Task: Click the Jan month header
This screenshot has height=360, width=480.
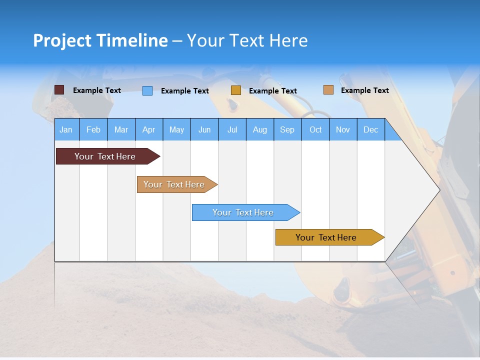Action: tap(66, 130)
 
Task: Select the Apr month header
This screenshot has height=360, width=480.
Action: tap(149, 130)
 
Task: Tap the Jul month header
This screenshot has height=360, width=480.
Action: tap(232, 130)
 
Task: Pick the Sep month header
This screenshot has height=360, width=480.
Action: tap(287, 130)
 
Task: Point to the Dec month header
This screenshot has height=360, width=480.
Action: tap(370, 130)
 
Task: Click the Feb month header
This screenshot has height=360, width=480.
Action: tap(93, 130)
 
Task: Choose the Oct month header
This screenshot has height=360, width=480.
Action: tap(315, 130)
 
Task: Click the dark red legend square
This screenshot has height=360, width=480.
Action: tap(59, 90)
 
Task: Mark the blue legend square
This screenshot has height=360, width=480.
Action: tap(147, 90)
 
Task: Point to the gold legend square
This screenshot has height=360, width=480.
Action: tap(236, 90)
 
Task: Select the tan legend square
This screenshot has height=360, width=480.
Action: tap(328, 90)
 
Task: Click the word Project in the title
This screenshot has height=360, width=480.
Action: tap(62, 40)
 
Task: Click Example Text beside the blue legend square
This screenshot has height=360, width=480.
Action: tap(184, 91)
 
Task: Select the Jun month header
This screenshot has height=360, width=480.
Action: tap(204, 130)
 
